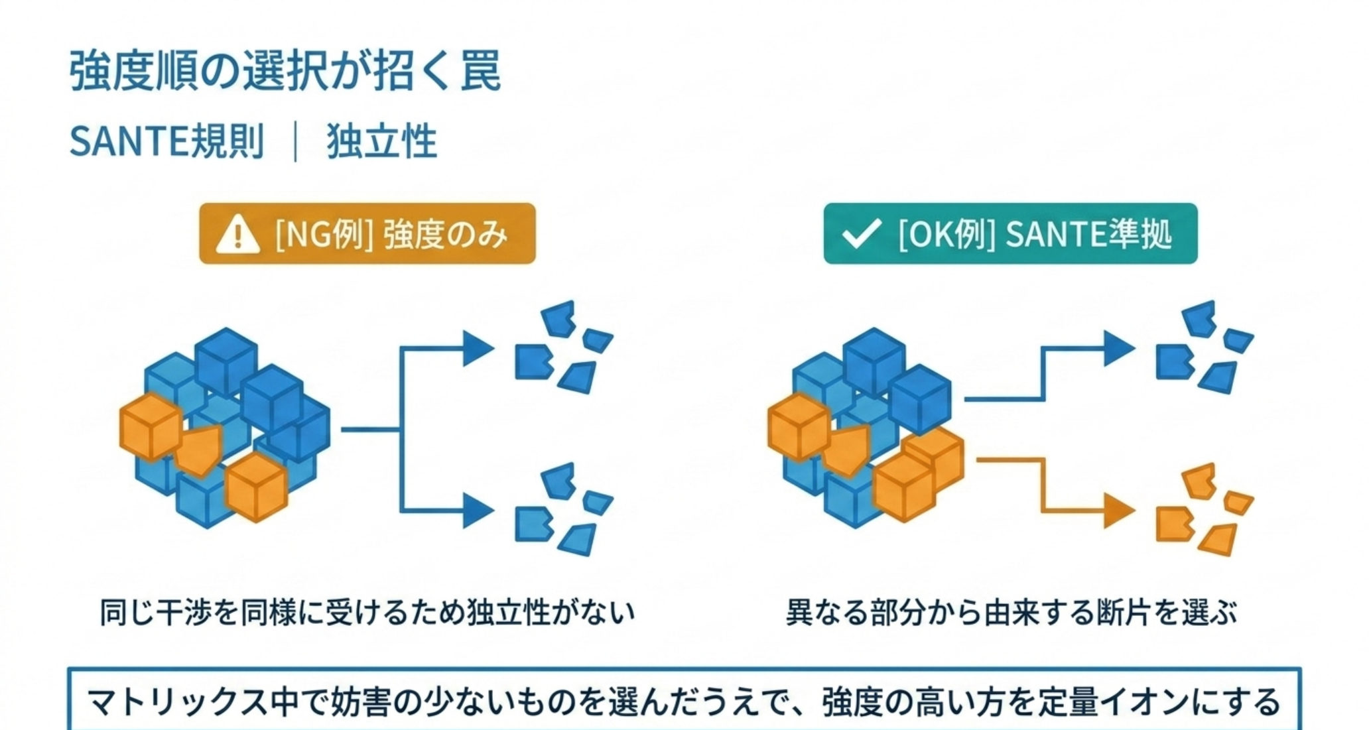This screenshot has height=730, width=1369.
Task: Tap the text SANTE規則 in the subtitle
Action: coord(166,141)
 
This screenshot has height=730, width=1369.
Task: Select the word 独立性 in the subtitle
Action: coord(382,141)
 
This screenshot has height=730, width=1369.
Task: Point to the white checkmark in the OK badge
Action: coord(860,234)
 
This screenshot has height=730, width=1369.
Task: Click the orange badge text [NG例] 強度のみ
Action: coord(391,235)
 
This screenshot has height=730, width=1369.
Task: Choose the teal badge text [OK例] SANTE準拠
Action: coord(1035,235)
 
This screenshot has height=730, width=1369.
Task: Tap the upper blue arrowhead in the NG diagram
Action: coord(478,348)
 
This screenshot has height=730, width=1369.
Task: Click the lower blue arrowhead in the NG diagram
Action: coord(478,511)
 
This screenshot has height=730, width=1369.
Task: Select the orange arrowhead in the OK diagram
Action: coord(1120,511)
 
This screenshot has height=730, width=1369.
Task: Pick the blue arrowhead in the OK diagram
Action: coord(1120,348)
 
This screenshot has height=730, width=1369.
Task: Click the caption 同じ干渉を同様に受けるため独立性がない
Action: coord(367,613)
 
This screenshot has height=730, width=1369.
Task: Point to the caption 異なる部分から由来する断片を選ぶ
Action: coord(1011,613)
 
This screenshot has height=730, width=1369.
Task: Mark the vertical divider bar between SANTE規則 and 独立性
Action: coord(295,141)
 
